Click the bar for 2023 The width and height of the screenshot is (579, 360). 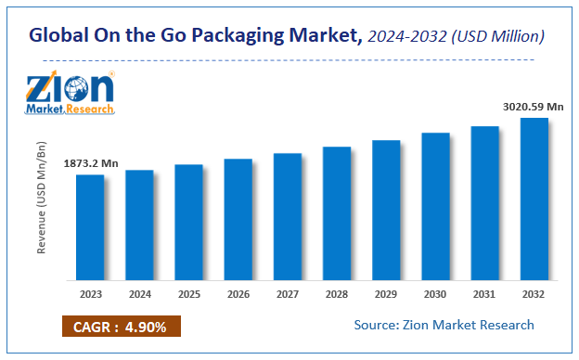90,227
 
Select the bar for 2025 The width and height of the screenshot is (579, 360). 188,223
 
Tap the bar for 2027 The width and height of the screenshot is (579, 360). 288,216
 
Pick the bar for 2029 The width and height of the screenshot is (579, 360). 386,211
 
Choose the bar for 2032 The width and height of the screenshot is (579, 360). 534,199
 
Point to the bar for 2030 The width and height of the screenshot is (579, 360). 435,206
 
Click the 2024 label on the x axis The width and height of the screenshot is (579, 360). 139,295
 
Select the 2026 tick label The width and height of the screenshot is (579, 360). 238,295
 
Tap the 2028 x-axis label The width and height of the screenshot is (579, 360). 337,295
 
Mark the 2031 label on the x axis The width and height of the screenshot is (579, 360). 484,295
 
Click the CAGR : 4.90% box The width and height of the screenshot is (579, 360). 121,326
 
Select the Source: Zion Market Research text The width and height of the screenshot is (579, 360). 444,325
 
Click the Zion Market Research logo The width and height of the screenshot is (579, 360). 71,92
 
